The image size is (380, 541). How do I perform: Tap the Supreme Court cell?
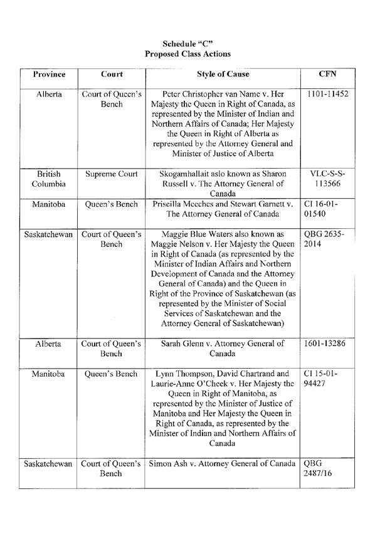click(x=112, y=172)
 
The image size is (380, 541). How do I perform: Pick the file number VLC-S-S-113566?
click(x=328, y=177)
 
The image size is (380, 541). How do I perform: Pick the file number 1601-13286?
click(x=328, y=344)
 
